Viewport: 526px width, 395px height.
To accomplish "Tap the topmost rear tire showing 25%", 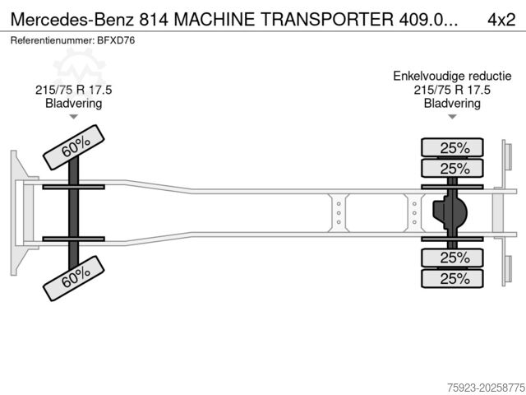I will (453, 148).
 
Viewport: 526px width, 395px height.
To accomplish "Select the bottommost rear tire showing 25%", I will (453, 278).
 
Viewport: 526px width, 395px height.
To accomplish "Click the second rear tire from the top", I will (453, 169).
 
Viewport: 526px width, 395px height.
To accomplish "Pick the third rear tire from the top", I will (453, 258).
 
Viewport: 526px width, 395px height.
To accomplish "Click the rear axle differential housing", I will (450, 212).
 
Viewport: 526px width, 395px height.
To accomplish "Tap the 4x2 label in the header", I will (501, 17).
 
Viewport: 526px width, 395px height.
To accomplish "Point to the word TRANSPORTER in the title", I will (330, 17).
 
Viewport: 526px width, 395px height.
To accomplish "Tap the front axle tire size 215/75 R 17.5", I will (73, 90).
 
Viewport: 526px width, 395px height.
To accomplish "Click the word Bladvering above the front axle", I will (73, 103).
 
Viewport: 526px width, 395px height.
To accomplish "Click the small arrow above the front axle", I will (73, 117).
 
